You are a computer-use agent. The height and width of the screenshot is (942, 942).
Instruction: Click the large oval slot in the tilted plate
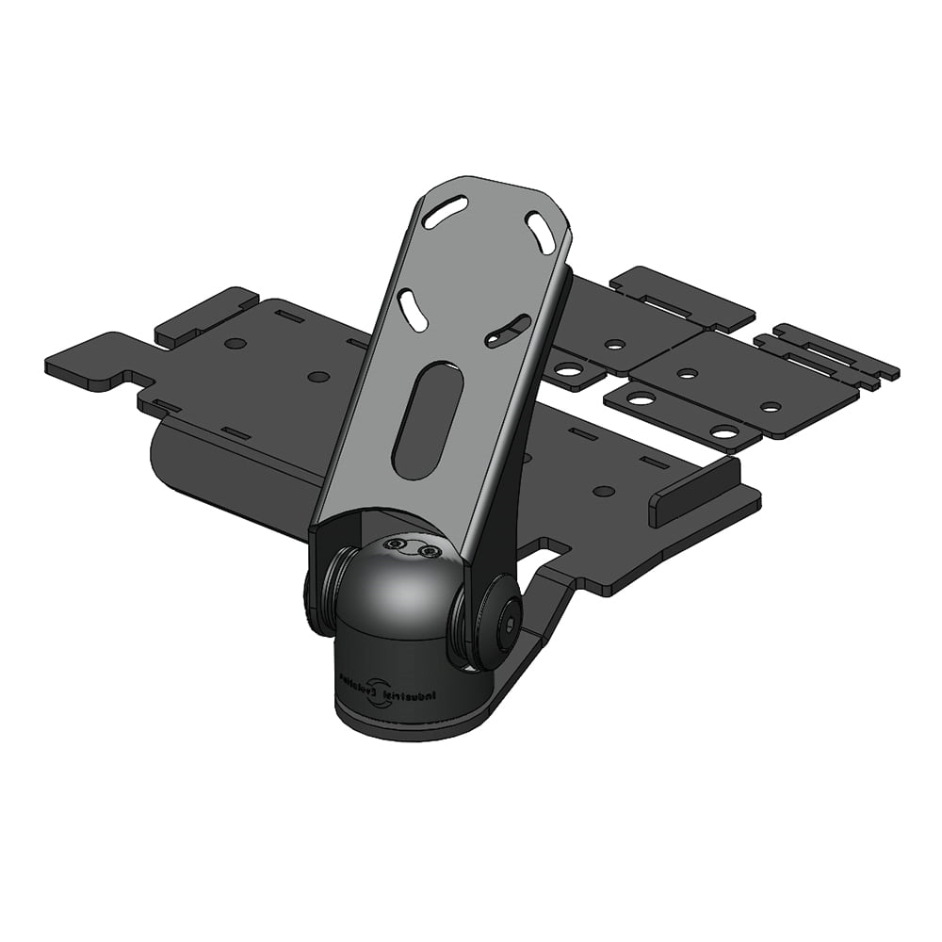[429, 421]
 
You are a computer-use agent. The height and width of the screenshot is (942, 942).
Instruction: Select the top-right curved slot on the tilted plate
[541, 232]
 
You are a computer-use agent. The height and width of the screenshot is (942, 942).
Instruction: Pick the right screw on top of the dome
[430, 551]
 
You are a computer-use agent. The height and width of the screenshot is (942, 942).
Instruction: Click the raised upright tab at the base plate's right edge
[693, 491]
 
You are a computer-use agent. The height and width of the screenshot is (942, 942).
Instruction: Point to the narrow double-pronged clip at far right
[829, 356]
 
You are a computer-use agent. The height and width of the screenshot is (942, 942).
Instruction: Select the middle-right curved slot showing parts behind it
[508, 331]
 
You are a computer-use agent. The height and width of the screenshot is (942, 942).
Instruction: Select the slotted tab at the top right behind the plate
[682, 296]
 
